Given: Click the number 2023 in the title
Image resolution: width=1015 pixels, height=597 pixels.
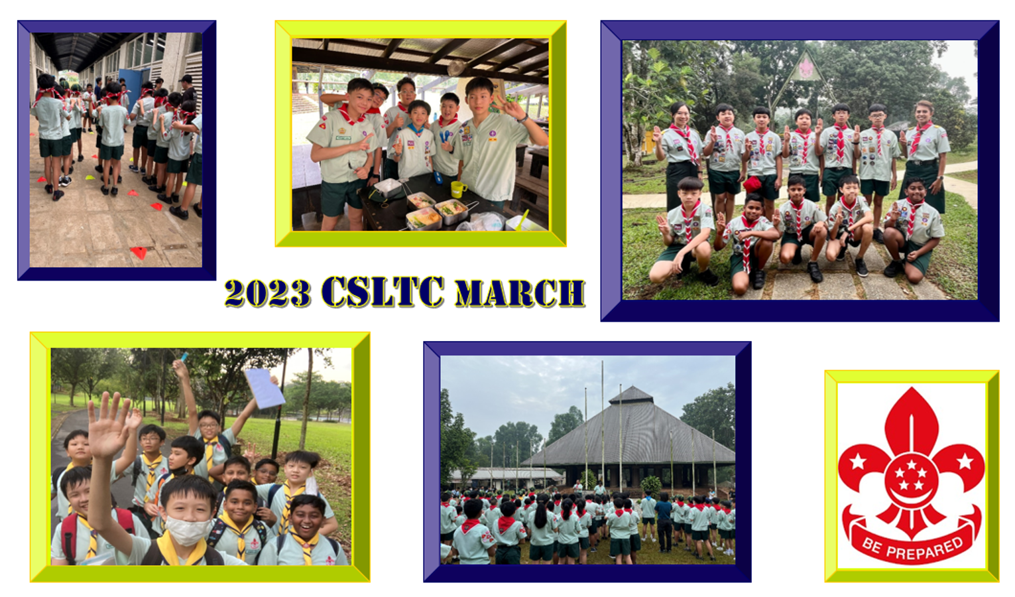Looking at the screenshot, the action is tap(268, 293).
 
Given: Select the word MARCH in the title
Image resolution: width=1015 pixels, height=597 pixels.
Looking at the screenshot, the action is tap(520, 293).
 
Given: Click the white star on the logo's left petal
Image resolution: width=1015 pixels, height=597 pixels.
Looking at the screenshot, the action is tap(857, 462).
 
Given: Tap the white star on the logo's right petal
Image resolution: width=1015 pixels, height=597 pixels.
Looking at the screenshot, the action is tap(965, 462).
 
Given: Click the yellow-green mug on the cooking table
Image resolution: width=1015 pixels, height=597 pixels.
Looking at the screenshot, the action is tap(457, 189).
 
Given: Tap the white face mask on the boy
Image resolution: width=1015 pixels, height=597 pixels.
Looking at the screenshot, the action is tap(188, 531).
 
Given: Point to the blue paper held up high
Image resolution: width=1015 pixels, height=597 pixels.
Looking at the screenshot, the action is tap(265, 387).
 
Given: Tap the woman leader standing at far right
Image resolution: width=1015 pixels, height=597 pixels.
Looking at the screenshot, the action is tap(924, 157).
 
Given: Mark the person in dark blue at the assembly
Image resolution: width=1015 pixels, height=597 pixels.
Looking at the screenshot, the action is tap(664, 521).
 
